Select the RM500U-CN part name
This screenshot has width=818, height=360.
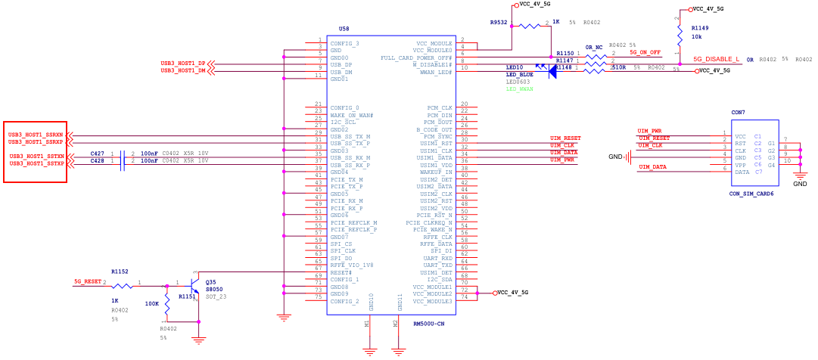tap(429, 323)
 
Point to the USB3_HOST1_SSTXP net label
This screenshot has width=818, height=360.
tap(36, 163)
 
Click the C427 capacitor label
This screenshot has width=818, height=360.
tap(98, 154)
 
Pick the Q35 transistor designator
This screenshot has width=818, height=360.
tap(210, 281)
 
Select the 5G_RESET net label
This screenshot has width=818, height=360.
tap(88, 281)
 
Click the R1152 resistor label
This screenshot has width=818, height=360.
tap(120, 271)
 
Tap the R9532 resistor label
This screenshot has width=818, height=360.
tap(499, 23)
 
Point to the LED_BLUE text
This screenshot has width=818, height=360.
tap(520, 75)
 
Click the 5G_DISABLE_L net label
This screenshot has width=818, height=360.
tap(716, 59)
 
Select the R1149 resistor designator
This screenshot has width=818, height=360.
tap(701, 27)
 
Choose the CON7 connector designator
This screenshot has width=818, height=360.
tap(737, 112)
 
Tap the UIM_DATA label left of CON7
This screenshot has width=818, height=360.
tap(652, 166)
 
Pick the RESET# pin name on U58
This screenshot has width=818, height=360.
tap(342, 272)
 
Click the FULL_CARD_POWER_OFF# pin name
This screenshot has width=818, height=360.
tap(416, 57)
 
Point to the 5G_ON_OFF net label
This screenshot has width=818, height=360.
tap(645, 52)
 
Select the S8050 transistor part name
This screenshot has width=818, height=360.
tap(215, 289)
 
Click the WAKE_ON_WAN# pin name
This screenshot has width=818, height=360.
tap(352, 115)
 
